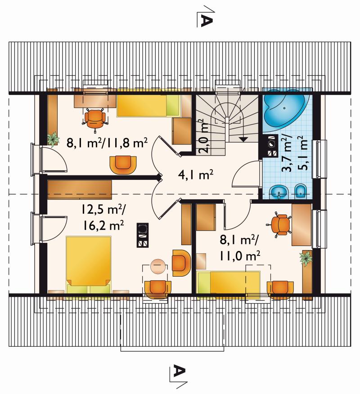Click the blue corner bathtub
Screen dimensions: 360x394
[x=285, y=109]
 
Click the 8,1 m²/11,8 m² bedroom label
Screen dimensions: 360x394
[x=107, y=143]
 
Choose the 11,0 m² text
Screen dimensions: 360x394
[x=239, y=256]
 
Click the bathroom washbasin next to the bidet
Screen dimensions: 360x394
[x=279, y=192]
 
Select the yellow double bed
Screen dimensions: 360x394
[x=88, y=264]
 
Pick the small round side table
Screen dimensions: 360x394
[x=158, y=266]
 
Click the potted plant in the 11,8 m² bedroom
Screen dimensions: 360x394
[x=53, y=139]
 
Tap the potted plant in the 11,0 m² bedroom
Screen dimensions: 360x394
[x=306, y=258]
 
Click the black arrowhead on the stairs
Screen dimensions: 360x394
[x=243, y=139]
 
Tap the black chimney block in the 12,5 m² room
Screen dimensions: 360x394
[x=143, y=235]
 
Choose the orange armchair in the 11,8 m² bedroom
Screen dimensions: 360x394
[x=123, y=165]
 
